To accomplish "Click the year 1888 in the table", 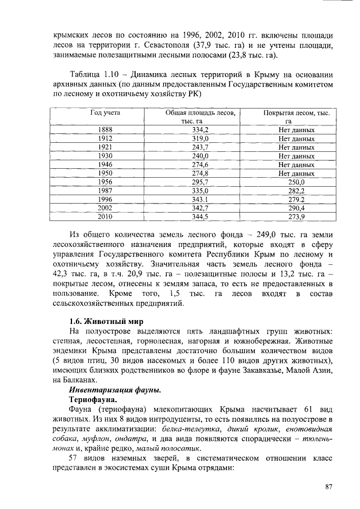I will point(105,130).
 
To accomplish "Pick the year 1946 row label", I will point(105,165).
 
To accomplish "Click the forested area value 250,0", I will point(296,182).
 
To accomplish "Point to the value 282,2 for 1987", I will point(296,191).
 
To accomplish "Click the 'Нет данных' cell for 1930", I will point(296,156).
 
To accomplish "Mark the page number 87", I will point(330,487).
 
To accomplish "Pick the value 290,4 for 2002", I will point(296,208).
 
